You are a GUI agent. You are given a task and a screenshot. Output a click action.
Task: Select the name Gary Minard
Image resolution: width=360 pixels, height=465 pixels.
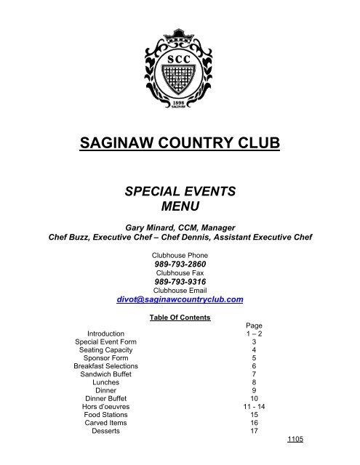[151, 225]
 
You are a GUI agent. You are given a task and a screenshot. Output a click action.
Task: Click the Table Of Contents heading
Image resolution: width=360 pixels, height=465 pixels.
[179, 318]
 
